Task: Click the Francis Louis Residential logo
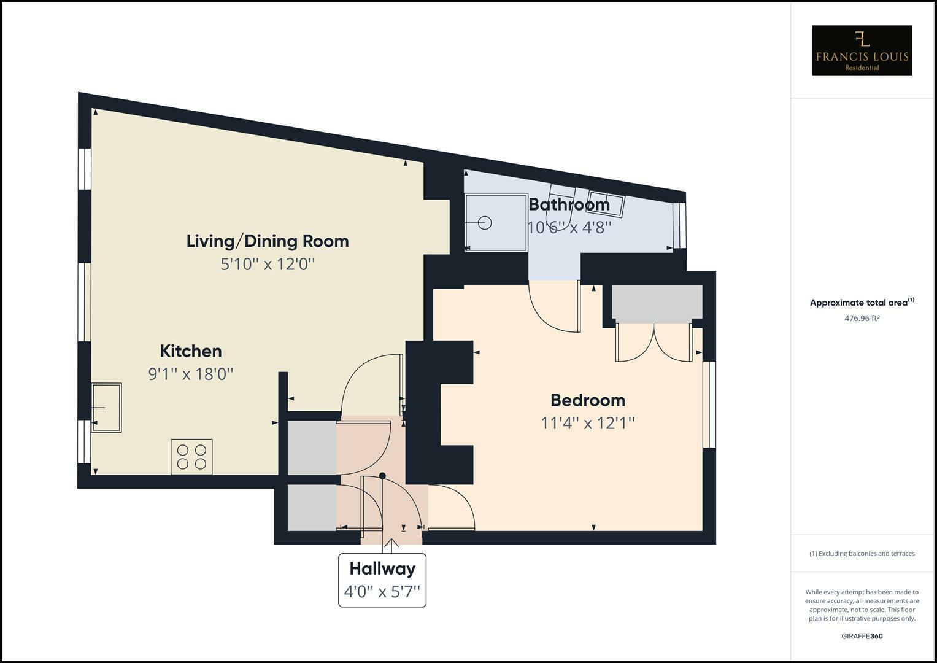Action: pyautogui.click(x=862, y=50)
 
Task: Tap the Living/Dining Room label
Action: pyautogui.click(x=268, y=241)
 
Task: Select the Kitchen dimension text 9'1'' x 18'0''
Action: pyautogui.click(x=191, y=374)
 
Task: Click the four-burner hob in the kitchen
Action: pyautogui.click(x=191, y=457)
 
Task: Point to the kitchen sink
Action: pyautogui.click(x=106, y=408)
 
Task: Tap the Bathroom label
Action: pyautogui.click(x=569, y=204)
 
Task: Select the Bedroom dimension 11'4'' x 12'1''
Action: pyautogui.click(x=587, y=423)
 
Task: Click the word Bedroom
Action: pyautogui.click(x=587, y=400)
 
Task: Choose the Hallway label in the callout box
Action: pyautogui.click(x=382, y=568)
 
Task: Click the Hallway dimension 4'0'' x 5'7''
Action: pyautogui.click(x=382, y=592)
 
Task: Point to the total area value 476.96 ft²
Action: pyautogui.click(x=862, y=318)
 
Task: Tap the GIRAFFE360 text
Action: pyautogui.click(x=862, y=636)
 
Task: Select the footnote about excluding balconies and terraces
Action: pyautogui.click(x=862, y=554)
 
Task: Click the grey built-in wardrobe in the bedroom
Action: pyautogui.click(x=657, y=303)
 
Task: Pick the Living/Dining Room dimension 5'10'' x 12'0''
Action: pyautogui.click(x=268, y=264)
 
